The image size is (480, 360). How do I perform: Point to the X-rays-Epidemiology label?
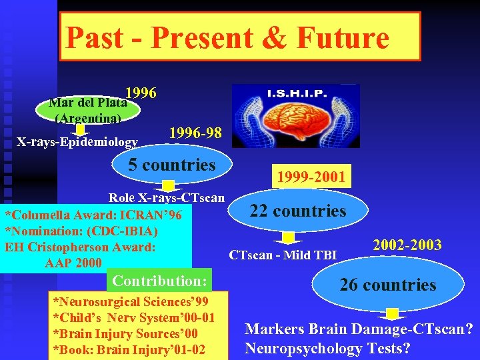coord(77,141)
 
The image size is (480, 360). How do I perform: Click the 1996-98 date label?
coord(195,133)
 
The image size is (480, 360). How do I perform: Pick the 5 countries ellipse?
coord(172,165)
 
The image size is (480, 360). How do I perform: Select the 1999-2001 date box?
coord(311,177)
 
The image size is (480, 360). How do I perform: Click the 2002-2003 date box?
coord(407,245)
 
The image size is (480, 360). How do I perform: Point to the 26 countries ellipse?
coord(387,285)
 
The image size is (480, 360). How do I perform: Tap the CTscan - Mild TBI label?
coord(283,254)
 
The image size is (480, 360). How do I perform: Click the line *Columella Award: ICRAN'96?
coord(93,215)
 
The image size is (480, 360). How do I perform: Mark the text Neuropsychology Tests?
coord(327,348)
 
